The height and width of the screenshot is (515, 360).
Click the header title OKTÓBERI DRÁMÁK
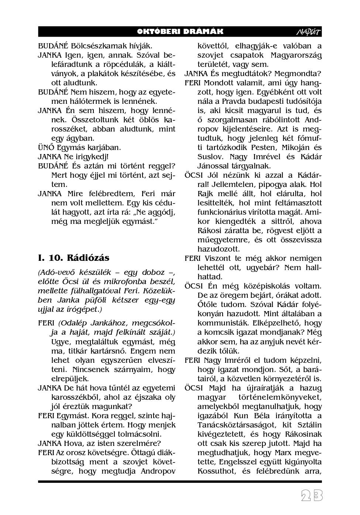click(x=180, y=32)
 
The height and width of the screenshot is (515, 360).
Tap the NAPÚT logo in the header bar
click(x=309, y=32)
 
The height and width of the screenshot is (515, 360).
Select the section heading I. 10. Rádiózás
click(x=74, y=257)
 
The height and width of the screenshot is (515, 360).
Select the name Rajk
click(x=205, y=194)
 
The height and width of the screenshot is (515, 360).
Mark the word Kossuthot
click(x=216, y=471)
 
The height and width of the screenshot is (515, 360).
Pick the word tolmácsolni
click(x=138, y=434)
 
